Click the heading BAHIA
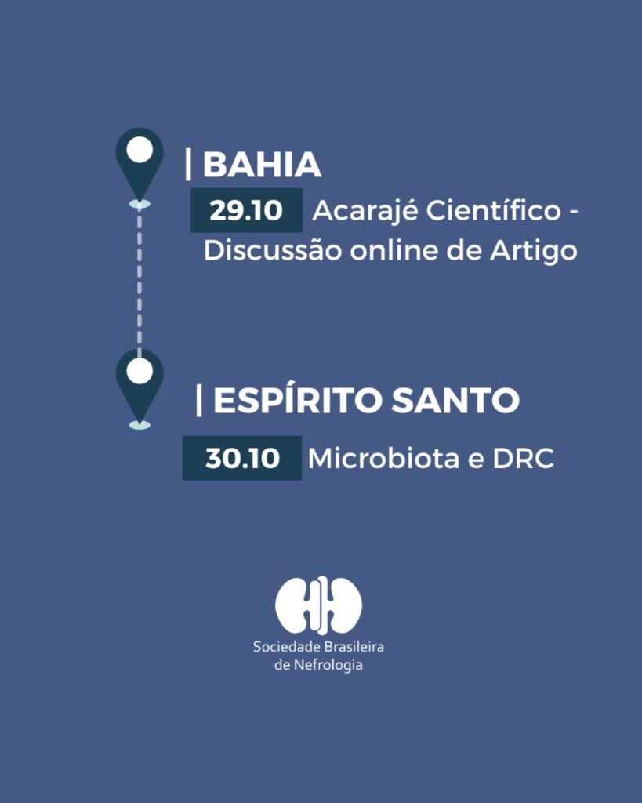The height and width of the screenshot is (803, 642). coord(262,165)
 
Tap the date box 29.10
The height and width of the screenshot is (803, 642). coord(246,210)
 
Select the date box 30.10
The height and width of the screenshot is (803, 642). coord(242,458)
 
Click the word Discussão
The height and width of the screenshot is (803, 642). coord(272,250)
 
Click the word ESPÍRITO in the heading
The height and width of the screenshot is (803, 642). coord(297,401)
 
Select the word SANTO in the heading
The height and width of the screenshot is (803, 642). coord(455,401)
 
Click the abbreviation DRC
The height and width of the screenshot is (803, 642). coord(523,458)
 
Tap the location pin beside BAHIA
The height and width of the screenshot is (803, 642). coord(140,165)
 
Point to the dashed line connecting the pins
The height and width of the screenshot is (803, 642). coord(140,279)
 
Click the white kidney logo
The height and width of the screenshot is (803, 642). coord(318,605)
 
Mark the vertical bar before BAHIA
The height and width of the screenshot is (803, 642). coord(188,164)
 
